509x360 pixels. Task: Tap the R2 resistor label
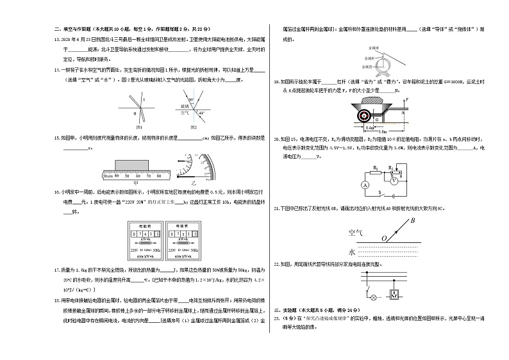tap(375, 167)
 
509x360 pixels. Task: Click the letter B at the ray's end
tap(413, 221)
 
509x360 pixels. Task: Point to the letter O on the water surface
tap(383, 238)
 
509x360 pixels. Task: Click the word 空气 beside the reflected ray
tap(355, 231)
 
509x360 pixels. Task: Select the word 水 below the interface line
tap(351, 251)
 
